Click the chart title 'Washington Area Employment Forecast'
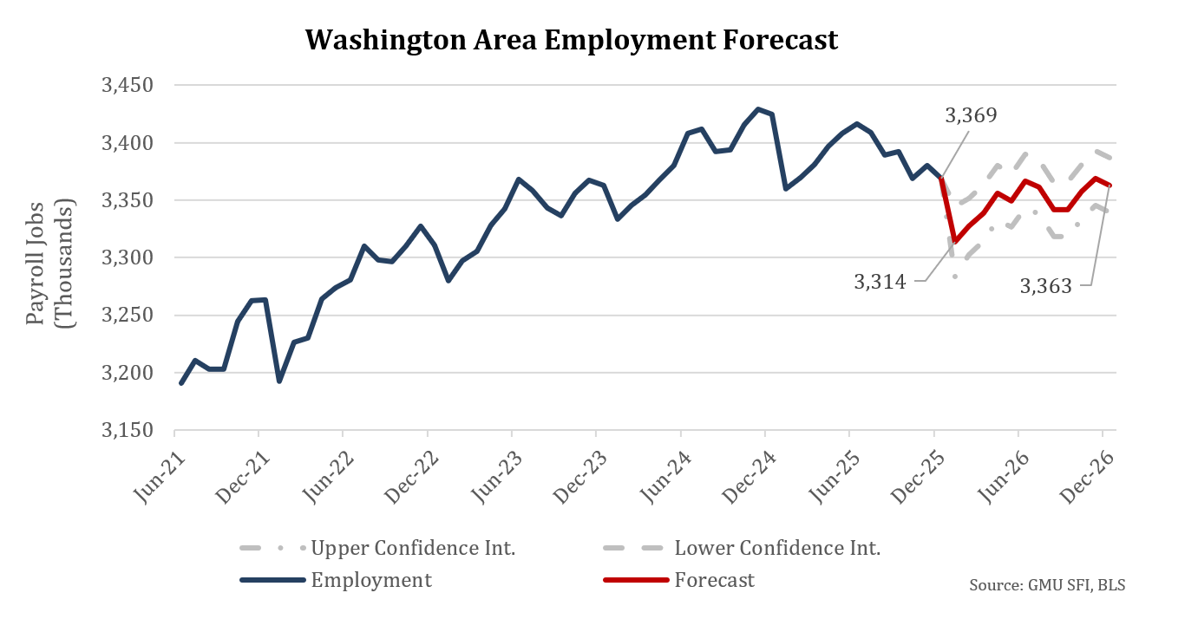(x=572, y=40)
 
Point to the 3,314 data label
(x=880, y=281)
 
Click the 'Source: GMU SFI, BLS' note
(x=1047, y=585)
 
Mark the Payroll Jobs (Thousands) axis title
(x=49, y=259)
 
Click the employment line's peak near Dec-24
(x=758, y=109)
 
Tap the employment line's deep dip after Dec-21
(x=279, y=381)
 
